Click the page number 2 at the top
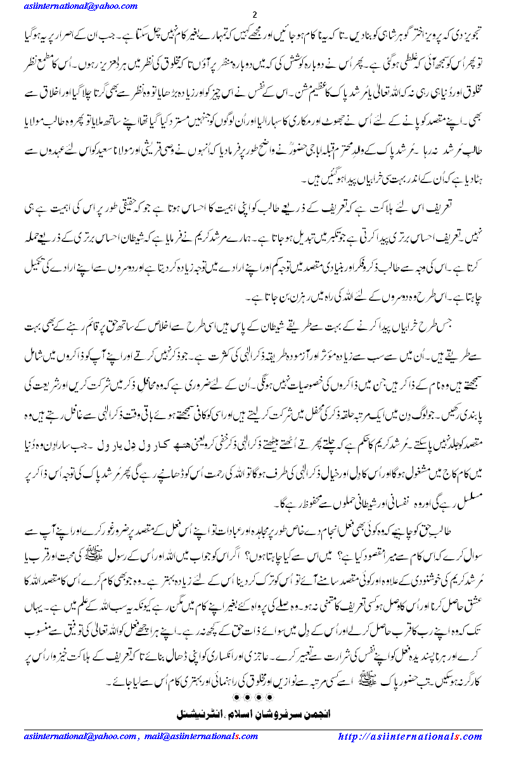[254, 15]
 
